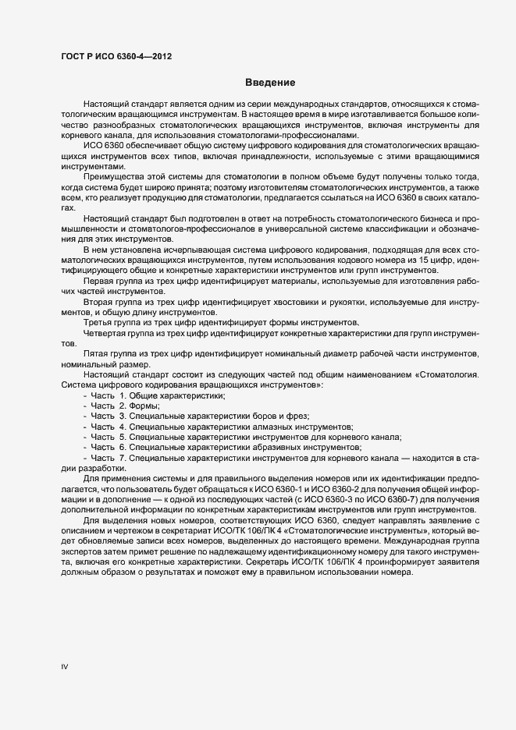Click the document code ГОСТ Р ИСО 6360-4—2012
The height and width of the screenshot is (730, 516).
pos(116,56)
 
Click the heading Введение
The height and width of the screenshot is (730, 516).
pos(269,83)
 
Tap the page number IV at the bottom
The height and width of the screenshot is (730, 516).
pos(66,666)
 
